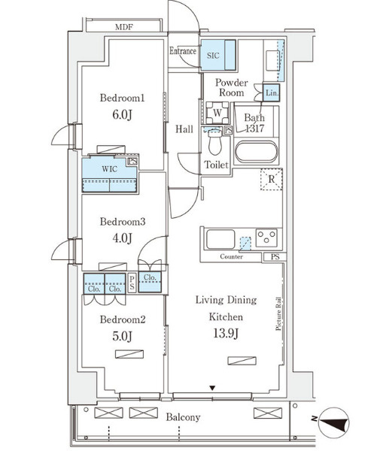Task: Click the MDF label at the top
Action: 124,27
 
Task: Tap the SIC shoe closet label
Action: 213,55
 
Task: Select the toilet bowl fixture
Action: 214,143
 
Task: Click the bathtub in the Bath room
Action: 257,152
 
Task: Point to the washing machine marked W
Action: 217,113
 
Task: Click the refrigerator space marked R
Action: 271,180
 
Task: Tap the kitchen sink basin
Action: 220,239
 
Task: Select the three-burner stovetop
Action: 266,238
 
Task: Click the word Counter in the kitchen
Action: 231,256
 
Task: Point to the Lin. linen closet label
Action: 272,92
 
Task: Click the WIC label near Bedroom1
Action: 109,169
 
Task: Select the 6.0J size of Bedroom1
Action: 122,115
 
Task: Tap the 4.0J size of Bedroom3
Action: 122,238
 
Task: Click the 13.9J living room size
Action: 226,333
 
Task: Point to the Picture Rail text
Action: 278,313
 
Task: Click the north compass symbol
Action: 334,422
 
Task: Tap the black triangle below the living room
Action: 212,389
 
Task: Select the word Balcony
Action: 183,417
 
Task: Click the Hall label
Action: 184,129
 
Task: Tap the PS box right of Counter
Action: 275,257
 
